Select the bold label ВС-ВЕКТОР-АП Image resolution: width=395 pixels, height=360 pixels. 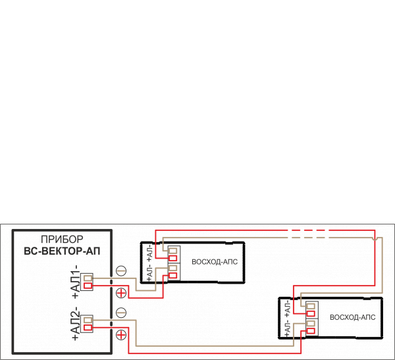click(x=61, y=250)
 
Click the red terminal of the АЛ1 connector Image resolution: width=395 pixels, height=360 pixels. click(x=88, y=285)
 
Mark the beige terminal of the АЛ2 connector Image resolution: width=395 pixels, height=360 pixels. click(x=88, y=320)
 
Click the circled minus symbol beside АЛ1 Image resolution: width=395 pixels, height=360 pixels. click(x=121, y=270)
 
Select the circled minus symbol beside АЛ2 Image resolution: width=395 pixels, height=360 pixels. click(x=121, y=313)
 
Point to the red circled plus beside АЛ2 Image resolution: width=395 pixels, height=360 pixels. click(x=121, y=335)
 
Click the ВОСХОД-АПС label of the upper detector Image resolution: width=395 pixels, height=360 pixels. click(x=214, y=261)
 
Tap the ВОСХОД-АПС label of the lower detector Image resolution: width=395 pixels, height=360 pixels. click(x=352, y=317)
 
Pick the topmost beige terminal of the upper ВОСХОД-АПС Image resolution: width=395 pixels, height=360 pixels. click(x=173, y=251)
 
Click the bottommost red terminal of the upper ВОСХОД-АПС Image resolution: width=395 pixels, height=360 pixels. click(x=173, y=275)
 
